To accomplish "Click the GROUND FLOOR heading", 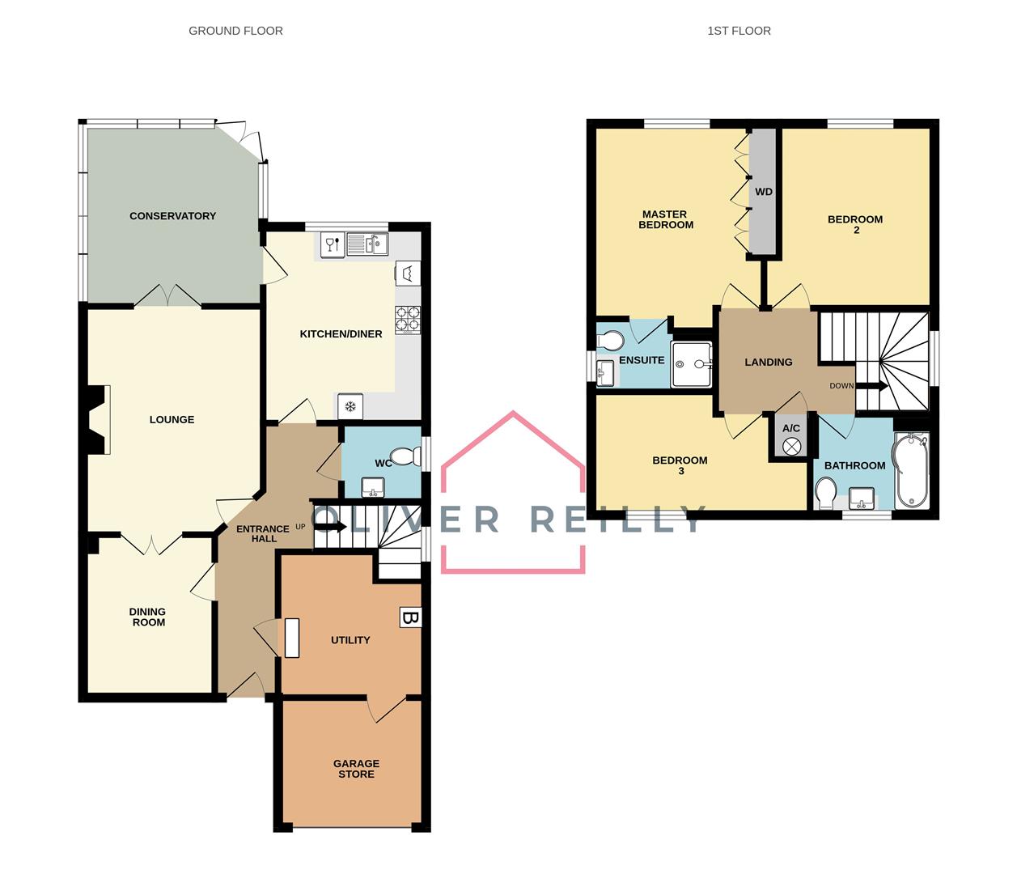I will pyautogui.click(x=235, y=31).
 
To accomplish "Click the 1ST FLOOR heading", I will pyautogui.click(x=739, y=31).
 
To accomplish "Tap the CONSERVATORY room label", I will pyautogui.click(x=172, y=216).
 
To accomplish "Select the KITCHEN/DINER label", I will pyautogui.click(x=341, y=334).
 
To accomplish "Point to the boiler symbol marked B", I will pyautogui.click(x=410, y=618).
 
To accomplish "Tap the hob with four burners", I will pyautogui.click(x=408, y=319).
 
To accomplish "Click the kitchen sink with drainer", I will pyautogui.click(x=367, y=244).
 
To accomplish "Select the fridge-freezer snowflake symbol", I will pyautogui.click(x=350, y=406).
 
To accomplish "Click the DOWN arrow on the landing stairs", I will pyautogui.click(x=871, y=386).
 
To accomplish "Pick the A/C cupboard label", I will pyautogui.click(x=791, y=428).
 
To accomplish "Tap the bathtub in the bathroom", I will pyautogui.click(x=912, y=470).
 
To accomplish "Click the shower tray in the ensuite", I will pyautogui.click(x=691, y=364).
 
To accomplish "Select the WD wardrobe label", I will pyautogui.click(x=763, y=193).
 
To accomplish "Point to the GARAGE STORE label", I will pyautogui.click(x=356, y=769).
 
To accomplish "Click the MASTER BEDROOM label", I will pyautogui.click(x=666, y=220).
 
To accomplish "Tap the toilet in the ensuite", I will pyautogui.click(x=609, y=339).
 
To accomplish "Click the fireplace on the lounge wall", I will pyautogui.click(x=97, y=419).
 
